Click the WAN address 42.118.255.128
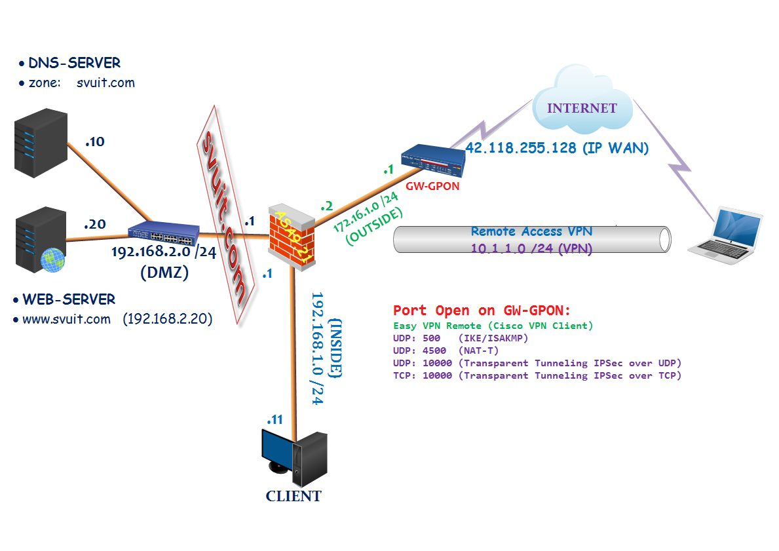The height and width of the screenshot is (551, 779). [x=556, y=149]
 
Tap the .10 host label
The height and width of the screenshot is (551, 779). [x=94, y=141]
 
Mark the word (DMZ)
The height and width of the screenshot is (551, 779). [x=164, y=273]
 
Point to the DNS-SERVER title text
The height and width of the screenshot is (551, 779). [x=74, y=63]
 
